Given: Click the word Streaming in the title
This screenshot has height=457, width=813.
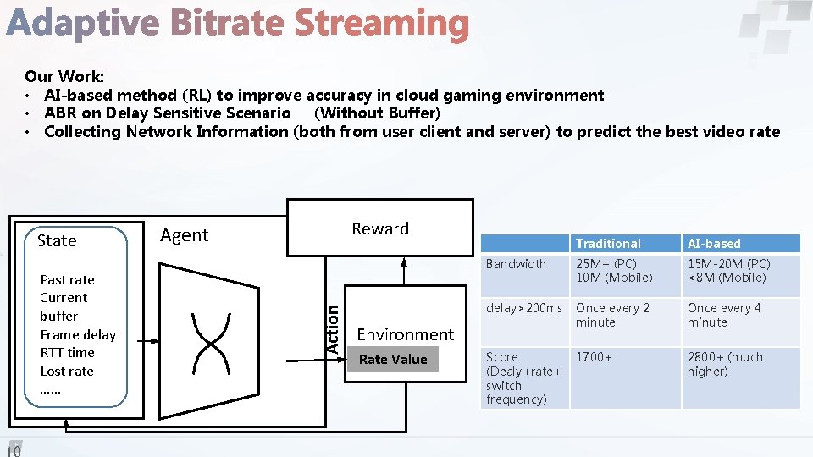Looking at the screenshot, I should [381, 24].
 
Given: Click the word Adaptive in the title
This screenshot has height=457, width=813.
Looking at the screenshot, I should [82, 24].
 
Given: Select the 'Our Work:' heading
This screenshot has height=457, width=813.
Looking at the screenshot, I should [64, 77].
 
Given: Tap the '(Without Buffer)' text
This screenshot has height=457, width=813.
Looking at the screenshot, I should [377, 113].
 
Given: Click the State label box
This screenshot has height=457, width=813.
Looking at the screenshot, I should [58, 240].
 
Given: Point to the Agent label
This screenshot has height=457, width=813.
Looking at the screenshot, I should [184, 235].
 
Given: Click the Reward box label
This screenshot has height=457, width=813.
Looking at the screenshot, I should [380, 228].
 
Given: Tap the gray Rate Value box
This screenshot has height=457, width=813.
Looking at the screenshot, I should [393, 360].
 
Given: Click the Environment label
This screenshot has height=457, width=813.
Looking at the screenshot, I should [405, 334].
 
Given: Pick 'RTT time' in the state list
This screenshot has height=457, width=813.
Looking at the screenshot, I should [67, 353].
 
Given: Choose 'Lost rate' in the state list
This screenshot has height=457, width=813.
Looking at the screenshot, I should [67, 372].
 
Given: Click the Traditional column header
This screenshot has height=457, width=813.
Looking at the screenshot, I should [608, 244].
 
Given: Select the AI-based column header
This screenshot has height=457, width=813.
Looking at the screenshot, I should [714, 244].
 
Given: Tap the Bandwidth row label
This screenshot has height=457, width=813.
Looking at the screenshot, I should [516, 264].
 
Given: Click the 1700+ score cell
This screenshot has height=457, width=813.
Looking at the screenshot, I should [594, 357].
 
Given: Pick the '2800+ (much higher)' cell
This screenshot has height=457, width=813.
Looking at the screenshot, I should [725, 364].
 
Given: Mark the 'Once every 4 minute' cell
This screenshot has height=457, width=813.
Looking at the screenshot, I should [724, 315].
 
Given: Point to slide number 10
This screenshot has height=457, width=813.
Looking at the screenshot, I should [14, 449].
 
